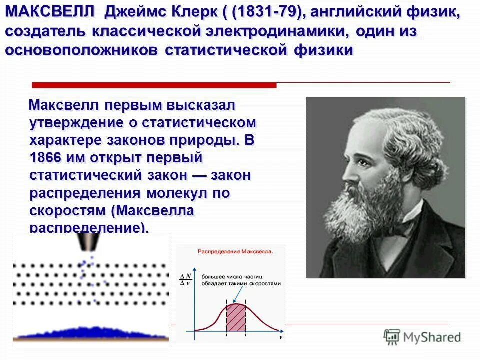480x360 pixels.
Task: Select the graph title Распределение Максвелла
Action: [236, 252]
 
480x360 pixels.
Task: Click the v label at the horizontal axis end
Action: [280, 338]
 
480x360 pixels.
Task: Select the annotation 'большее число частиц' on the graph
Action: [232, 276]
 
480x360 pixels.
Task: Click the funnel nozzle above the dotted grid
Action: [89, 245]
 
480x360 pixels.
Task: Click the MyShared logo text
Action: [432, 337]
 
